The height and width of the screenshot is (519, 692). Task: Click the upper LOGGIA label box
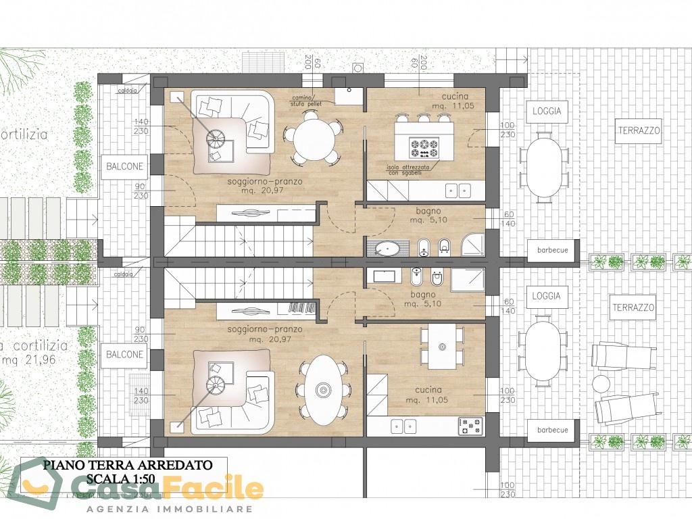coord(547,111)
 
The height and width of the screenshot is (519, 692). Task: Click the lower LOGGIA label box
coord(547,297)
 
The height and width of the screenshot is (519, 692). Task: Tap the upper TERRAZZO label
coord(638,131)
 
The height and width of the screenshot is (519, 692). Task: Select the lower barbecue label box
coord(552,430)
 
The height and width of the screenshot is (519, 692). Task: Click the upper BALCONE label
coord(124,166)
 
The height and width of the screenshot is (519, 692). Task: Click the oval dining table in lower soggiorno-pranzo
coord(323,390)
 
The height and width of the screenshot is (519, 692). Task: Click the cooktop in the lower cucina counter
coord(471,426)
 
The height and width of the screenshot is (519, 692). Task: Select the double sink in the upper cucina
coord(459,191)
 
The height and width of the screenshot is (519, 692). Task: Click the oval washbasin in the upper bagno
coord(387,247)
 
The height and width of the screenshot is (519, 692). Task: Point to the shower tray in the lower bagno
coord(468,280)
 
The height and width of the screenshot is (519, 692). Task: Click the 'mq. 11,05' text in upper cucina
coord(437,107)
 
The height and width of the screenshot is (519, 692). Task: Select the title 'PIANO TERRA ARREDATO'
coord(128,465)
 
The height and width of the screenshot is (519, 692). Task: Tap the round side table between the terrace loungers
coord(601,383)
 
